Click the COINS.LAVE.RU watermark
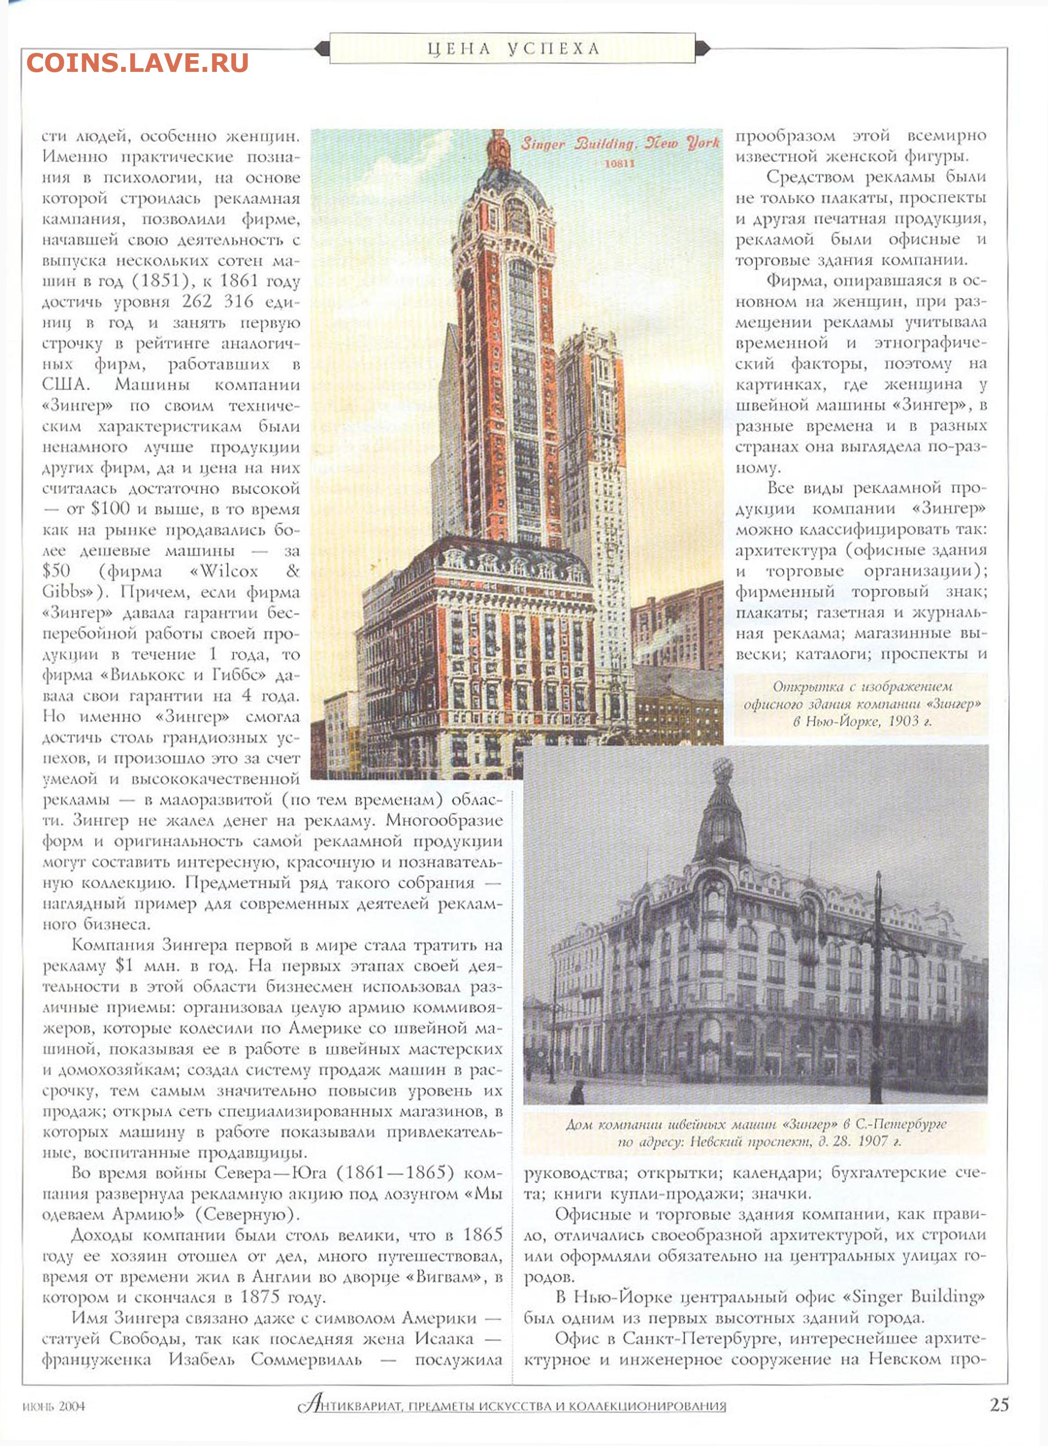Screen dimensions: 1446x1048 tap(137, 62)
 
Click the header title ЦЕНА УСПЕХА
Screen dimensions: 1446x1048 tap(513, 49)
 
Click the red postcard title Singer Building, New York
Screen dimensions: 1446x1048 tap(619, 143)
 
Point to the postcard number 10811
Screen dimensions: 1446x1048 tap(619, 163)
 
